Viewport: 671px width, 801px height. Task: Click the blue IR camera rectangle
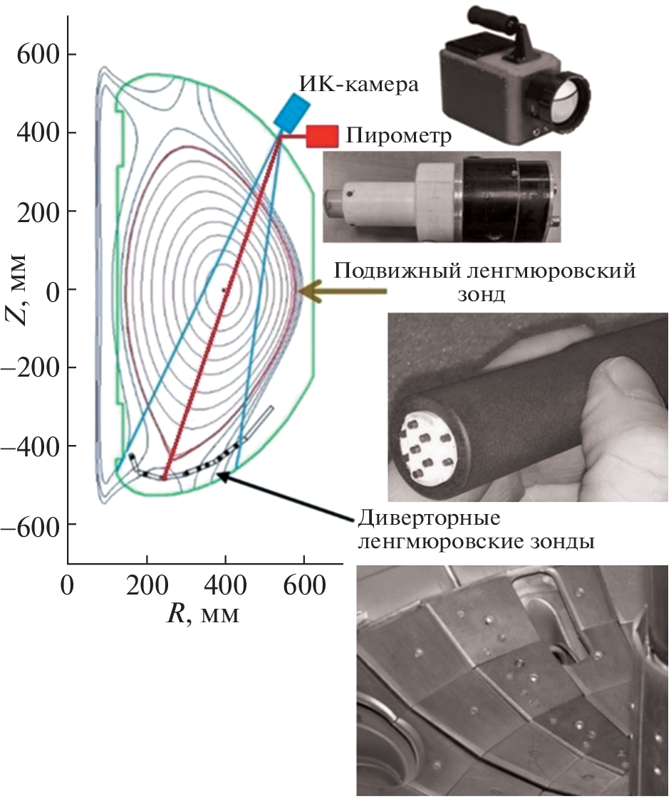[x=292, y=111]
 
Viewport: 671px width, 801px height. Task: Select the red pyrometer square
[x=322, y=137]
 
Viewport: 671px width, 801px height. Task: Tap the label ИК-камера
[x=358, y=84]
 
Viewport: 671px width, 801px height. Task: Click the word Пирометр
[x=399, y=136]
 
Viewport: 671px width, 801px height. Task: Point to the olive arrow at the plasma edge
[x=342, y=290]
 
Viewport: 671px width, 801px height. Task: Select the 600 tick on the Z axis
[x=38, y=54]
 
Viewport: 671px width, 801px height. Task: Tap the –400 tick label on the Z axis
[x=31, y=446]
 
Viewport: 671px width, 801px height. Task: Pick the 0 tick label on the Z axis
[x=53, y=289]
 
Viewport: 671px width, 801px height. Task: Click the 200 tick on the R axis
[x=147, y=585]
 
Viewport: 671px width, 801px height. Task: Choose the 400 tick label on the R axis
[x=225, y=585]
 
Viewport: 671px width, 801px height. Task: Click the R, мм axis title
[x=203, y=613]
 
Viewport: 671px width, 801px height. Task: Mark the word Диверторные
[x=429, y=519]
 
